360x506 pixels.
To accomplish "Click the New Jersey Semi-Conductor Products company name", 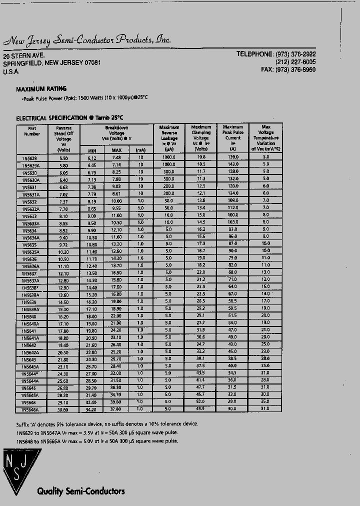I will pos(87,40).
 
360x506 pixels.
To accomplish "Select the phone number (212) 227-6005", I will pos(295,62).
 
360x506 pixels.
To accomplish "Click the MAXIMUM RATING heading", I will pos(41,88).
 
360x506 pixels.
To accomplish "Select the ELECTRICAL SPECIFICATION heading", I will pos(69,118).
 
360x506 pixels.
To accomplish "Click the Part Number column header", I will pos(32,131).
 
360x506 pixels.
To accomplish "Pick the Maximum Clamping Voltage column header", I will pos(201,138).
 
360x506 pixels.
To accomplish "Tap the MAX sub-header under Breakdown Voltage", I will pos(116,150).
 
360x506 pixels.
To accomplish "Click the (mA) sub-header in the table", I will pos(140,150).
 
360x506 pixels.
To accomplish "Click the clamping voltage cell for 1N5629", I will pos(201,157).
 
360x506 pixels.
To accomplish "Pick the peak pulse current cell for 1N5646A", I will pos(232,409).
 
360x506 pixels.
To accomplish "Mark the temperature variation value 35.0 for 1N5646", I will pos(265,401).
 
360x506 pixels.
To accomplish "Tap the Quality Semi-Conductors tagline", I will pos(80,491).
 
